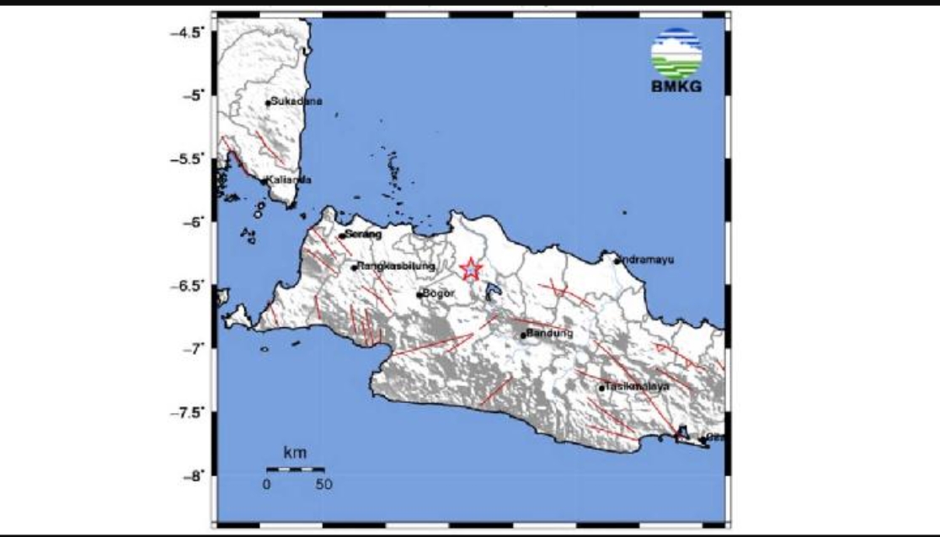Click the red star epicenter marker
tap(470, 269)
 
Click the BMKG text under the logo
tap(676, 87)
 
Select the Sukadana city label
tap(290, 101)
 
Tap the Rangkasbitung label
tap(396, 266)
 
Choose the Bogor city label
tap(440, 293)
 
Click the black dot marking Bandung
tap(523, 335)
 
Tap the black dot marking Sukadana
tap(268, 103)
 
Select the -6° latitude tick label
tap(193, 222)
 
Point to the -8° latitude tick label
tap(193, 475)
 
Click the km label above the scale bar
tap(295, 454)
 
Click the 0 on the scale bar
tap(266, 484)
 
